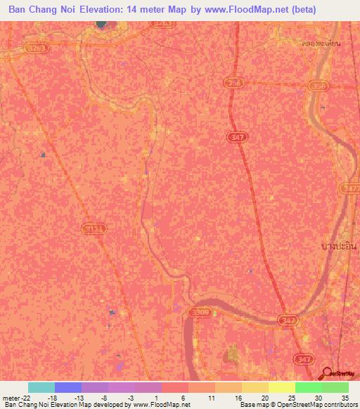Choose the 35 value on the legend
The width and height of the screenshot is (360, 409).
click(345, 398)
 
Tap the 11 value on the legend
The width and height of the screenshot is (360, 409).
click(211, 398)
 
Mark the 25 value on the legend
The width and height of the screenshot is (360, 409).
click(291, 398)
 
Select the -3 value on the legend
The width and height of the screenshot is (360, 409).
click(131, 398)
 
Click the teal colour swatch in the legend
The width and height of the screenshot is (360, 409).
click(41, 387)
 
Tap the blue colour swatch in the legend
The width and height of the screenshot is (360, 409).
click(68, 387)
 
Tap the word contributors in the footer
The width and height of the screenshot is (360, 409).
click(340, 405)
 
